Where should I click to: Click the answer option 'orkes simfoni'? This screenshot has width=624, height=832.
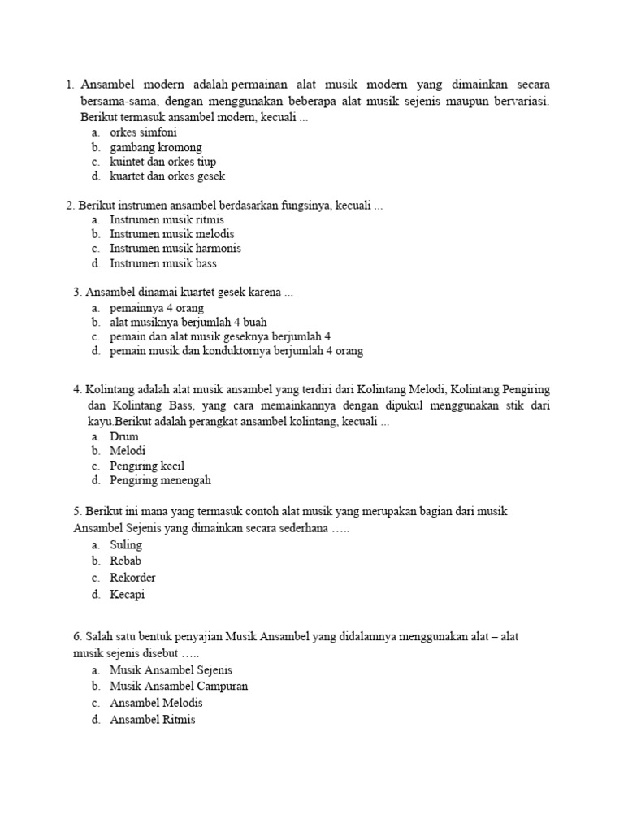pos(143,132)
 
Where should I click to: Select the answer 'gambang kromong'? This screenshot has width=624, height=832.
pos(156,147)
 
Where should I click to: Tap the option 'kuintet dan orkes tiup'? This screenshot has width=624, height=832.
pos(162,162)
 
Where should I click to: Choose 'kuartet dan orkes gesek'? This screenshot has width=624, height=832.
pos(167,175)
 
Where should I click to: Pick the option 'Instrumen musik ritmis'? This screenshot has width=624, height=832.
pos(167,219)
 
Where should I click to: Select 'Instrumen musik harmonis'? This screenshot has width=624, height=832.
pos(175,249)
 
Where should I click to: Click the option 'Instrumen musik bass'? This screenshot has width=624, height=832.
pos(163,263)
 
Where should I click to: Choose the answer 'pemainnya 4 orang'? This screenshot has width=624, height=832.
pos(157,308)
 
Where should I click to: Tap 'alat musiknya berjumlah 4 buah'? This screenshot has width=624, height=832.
pos(188,322)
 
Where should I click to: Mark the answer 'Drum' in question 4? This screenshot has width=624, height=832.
pos(124,436)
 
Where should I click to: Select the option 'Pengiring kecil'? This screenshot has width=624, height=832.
pos(147,466)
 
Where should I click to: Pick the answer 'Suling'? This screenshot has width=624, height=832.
pos(126,544)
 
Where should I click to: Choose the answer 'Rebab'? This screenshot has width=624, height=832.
pos(126,561)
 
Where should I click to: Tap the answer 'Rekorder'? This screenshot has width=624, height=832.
pos(132,578)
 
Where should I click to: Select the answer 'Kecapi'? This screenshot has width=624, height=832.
pos(128,595)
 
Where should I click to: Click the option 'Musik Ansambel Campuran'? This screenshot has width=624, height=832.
pos(179,686)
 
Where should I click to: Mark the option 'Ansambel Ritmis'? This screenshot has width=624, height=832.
pos(153,720)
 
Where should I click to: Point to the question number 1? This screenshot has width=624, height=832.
pos(69,85)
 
